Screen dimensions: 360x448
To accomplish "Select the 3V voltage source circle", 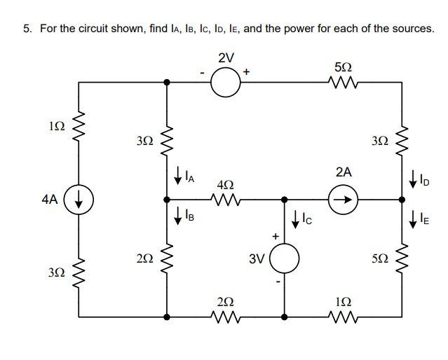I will (284, 261).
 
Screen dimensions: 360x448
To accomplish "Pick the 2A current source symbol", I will (344, 199).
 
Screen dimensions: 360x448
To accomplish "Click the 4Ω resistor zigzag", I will (226, 200).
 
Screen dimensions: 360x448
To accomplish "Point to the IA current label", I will (189, 179).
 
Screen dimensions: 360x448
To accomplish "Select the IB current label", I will (189, 216).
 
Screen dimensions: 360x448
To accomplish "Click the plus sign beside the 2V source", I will (247, 71).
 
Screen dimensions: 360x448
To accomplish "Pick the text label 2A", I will (344, 172).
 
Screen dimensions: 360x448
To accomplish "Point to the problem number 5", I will (26, 29).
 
